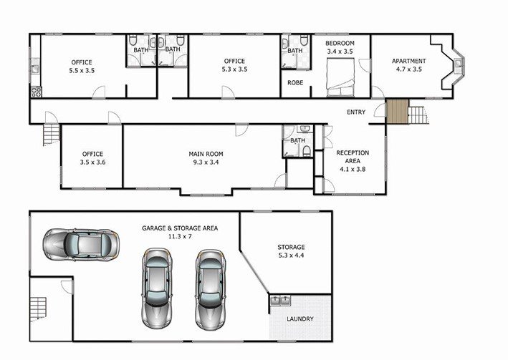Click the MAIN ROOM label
[206, 154]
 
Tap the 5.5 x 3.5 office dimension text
[82, 71]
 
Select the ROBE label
[295, 83]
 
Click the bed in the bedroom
[340, 77]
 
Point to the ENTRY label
[356, 112]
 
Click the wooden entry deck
[397, 112]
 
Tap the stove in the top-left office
[36, 92]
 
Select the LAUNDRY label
[300, 319]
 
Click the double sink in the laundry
[280, 301]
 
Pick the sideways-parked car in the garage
[81, 245]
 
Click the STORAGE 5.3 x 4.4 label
[291, 251]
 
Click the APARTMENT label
[409, 61]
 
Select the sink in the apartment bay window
[459, 64]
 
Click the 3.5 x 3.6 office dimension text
[92, 162]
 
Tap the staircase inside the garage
[39, 308]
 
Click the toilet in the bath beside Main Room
[307, 151]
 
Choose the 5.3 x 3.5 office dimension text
[234, 69]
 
